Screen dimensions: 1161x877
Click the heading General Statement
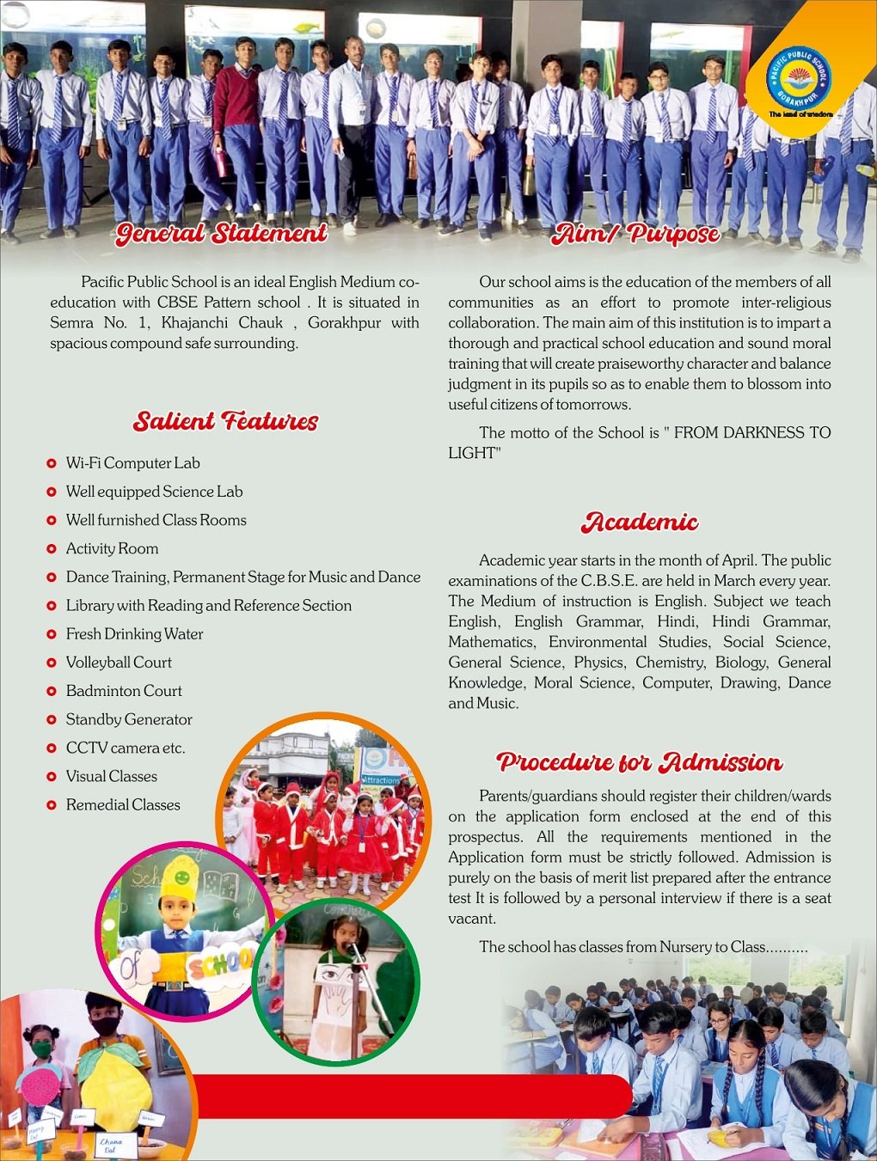pos(222,233)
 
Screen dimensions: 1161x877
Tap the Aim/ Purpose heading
pos(636,233)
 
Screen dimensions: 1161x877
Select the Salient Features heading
pos(225,421)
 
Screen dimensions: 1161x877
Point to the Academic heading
pos(640,522)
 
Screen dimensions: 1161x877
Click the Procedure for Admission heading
pos(640,762)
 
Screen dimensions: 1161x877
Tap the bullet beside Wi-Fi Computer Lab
pos(52,463)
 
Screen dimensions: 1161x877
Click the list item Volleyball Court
pos(119,663)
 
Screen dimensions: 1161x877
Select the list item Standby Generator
pos(129,719)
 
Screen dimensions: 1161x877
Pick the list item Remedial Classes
pos(123,804)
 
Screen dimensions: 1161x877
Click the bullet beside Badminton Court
pos(52,691)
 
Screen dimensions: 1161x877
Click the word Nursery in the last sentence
pos(694,947)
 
